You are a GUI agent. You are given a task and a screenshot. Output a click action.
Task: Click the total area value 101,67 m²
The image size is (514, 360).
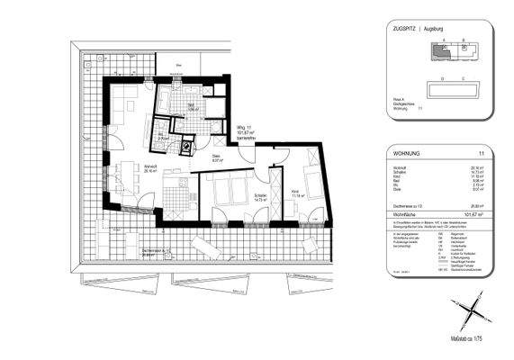[469, 214]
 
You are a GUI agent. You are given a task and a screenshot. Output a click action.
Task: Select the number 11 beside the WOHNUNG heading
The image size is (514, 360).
[482, 155]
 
